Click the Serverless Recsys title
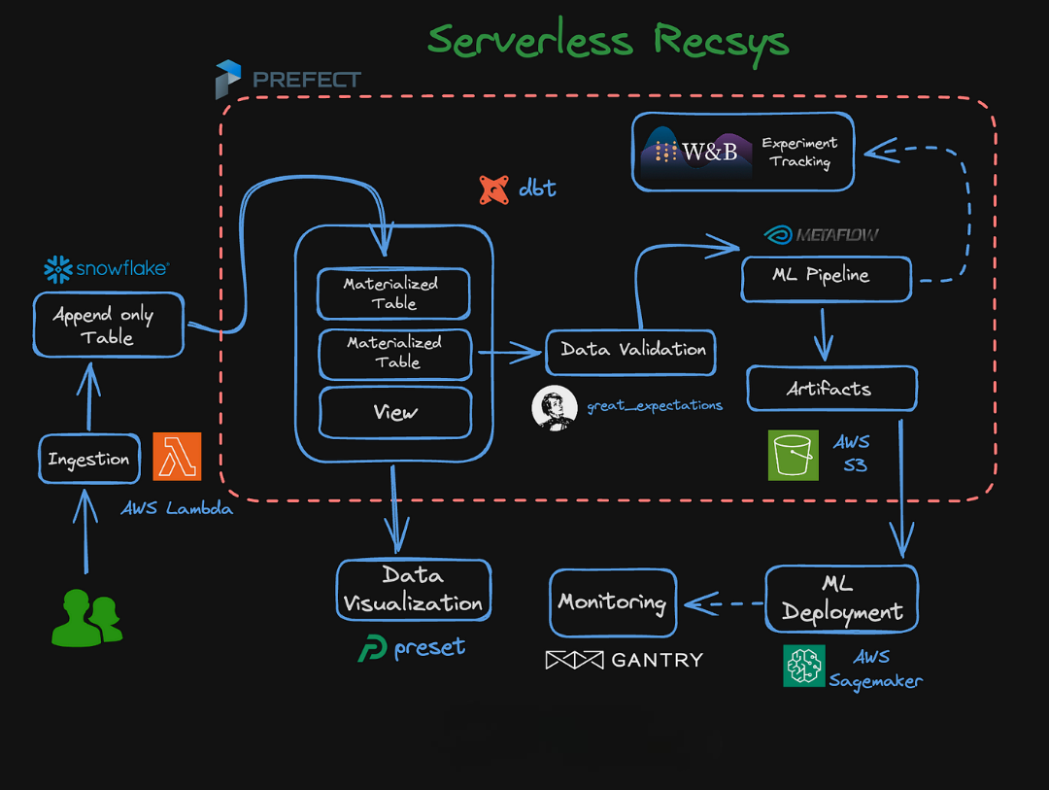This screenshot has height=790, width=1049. [608, 41]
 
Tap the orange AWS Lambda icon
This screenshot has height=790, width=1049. [177, 456]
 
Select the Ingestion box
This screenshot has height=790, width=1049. [88, 460]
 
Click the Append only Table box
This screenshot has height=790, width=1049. [108, 326]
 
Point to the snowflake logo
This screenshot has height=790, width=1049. [107, 268]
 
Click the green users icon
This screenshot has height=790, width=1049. [86, 617]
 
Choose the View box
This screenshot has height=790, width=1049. [394, 412]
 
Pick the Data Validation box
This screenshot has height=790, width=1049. [631, 349]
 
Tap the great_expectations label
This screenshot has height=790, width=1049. [654, 405]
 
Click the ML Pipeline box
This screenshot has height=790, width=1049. [827, 276]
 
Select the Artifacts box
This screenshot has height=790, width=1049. [831, 389]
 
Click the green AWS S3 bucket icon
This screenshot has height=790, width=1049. [794, 455]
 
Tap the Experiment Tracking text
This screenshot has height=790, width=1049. [799, 152]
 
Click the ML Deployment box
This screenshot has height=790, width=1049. [841, 599]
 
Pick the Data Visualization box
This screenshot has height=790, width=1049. [414, 589]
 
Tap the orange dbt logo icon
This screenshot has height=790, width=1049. [494, 189]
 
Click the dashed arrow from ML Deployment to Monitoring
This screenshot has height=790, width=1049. [724, 603]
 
